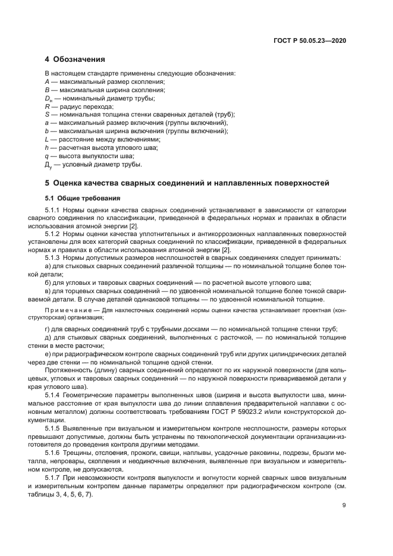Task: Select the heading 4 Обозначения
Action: [x=75, y=59]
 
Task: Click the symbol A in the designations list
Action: [x=47, y=81]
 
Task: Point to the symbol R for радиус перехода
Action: [x=47, y=106]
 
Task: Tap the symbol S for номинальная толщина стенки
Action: [x=47, y=114]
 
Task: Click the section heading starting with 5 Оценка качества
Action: [x=187, y=183]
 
